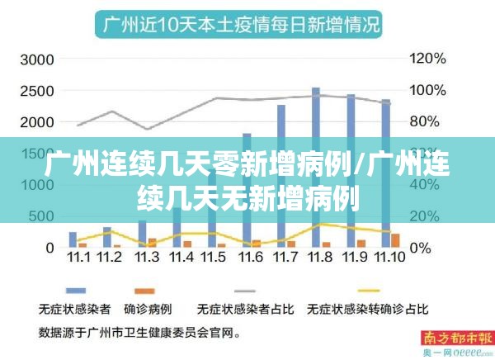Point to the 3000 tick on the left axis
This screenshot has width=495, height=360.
click(x=37, y=59)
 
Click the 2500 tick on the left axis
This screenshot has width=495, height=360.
click(x=37, y=91)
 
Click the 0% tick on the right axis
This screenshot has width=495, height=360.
click(x=420, y=248)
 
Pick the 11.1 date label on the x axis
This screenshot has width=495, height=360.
click(x=79, y=258)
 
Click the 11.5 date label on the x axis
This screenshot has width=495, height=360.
click(x=212, y=258)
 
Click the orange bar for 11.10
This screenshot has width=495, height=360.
click(x=395, y=240)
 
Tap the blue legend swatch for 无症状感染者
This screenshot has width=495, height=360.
click(x=77, y=291)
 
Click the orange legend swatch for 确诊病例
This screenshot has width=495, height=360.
click(x=145, y=291)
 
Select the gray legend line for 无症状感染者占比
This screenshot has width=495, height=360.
click(x=245, y=291)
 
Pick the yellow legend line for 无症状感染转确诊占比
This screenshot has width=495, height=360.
click(x=368, y=291)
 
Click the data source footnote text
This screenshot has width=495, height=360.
click(x=140, y=334)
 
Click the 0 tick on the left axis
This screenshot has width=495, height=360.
click(x=49, y=248)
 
